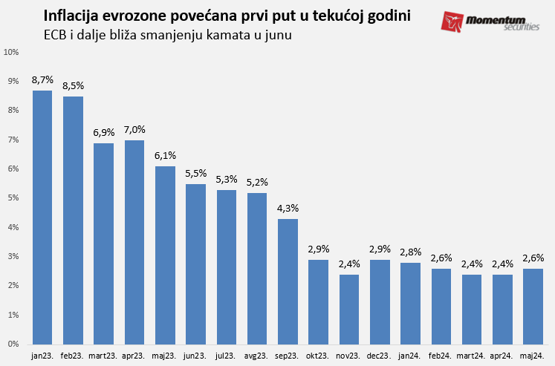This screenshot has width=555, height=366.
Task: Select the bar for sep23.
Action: [x=288, y=281]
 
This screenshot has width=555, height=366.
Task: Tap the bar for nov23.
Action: [x=349, y=310]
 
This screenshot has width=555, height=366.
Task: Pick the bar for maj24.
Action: [x=533, y=307]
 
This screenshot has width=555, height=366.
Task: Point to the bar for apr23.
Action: [x=134, y=242]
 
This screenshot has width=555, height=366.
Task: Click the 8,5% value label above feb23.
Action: [x=73, y=86]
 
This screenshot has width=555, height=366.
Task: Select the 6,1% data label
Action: [x=165, y=156]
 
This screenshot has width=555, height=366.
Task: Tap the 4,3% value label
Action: [x=288, y=209]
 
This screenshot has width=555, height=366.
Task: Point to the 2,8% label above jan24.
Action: [x=411, y=252]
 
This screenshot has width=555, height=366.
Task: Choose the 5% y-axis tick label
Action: [x=13, y=198]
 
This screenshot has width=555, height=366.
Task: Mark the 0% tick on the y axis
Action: [x=13, y=344]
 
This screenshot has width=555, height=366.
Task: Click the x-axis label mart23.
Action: [x=103, y=356]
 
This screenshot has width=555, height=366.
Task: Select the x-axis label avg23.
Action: [x=257, y=356]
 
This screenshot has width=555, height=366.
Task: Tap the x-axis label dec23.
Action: [x=380, y=356]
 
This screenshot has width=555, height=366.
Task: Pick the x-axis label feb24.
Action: [x=441, y=356]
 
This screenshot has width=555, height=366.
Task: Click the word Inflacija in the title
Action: [x=75, y=16]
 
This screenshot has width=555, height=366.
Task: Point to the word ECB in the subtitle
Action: [x=56, y=34]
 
